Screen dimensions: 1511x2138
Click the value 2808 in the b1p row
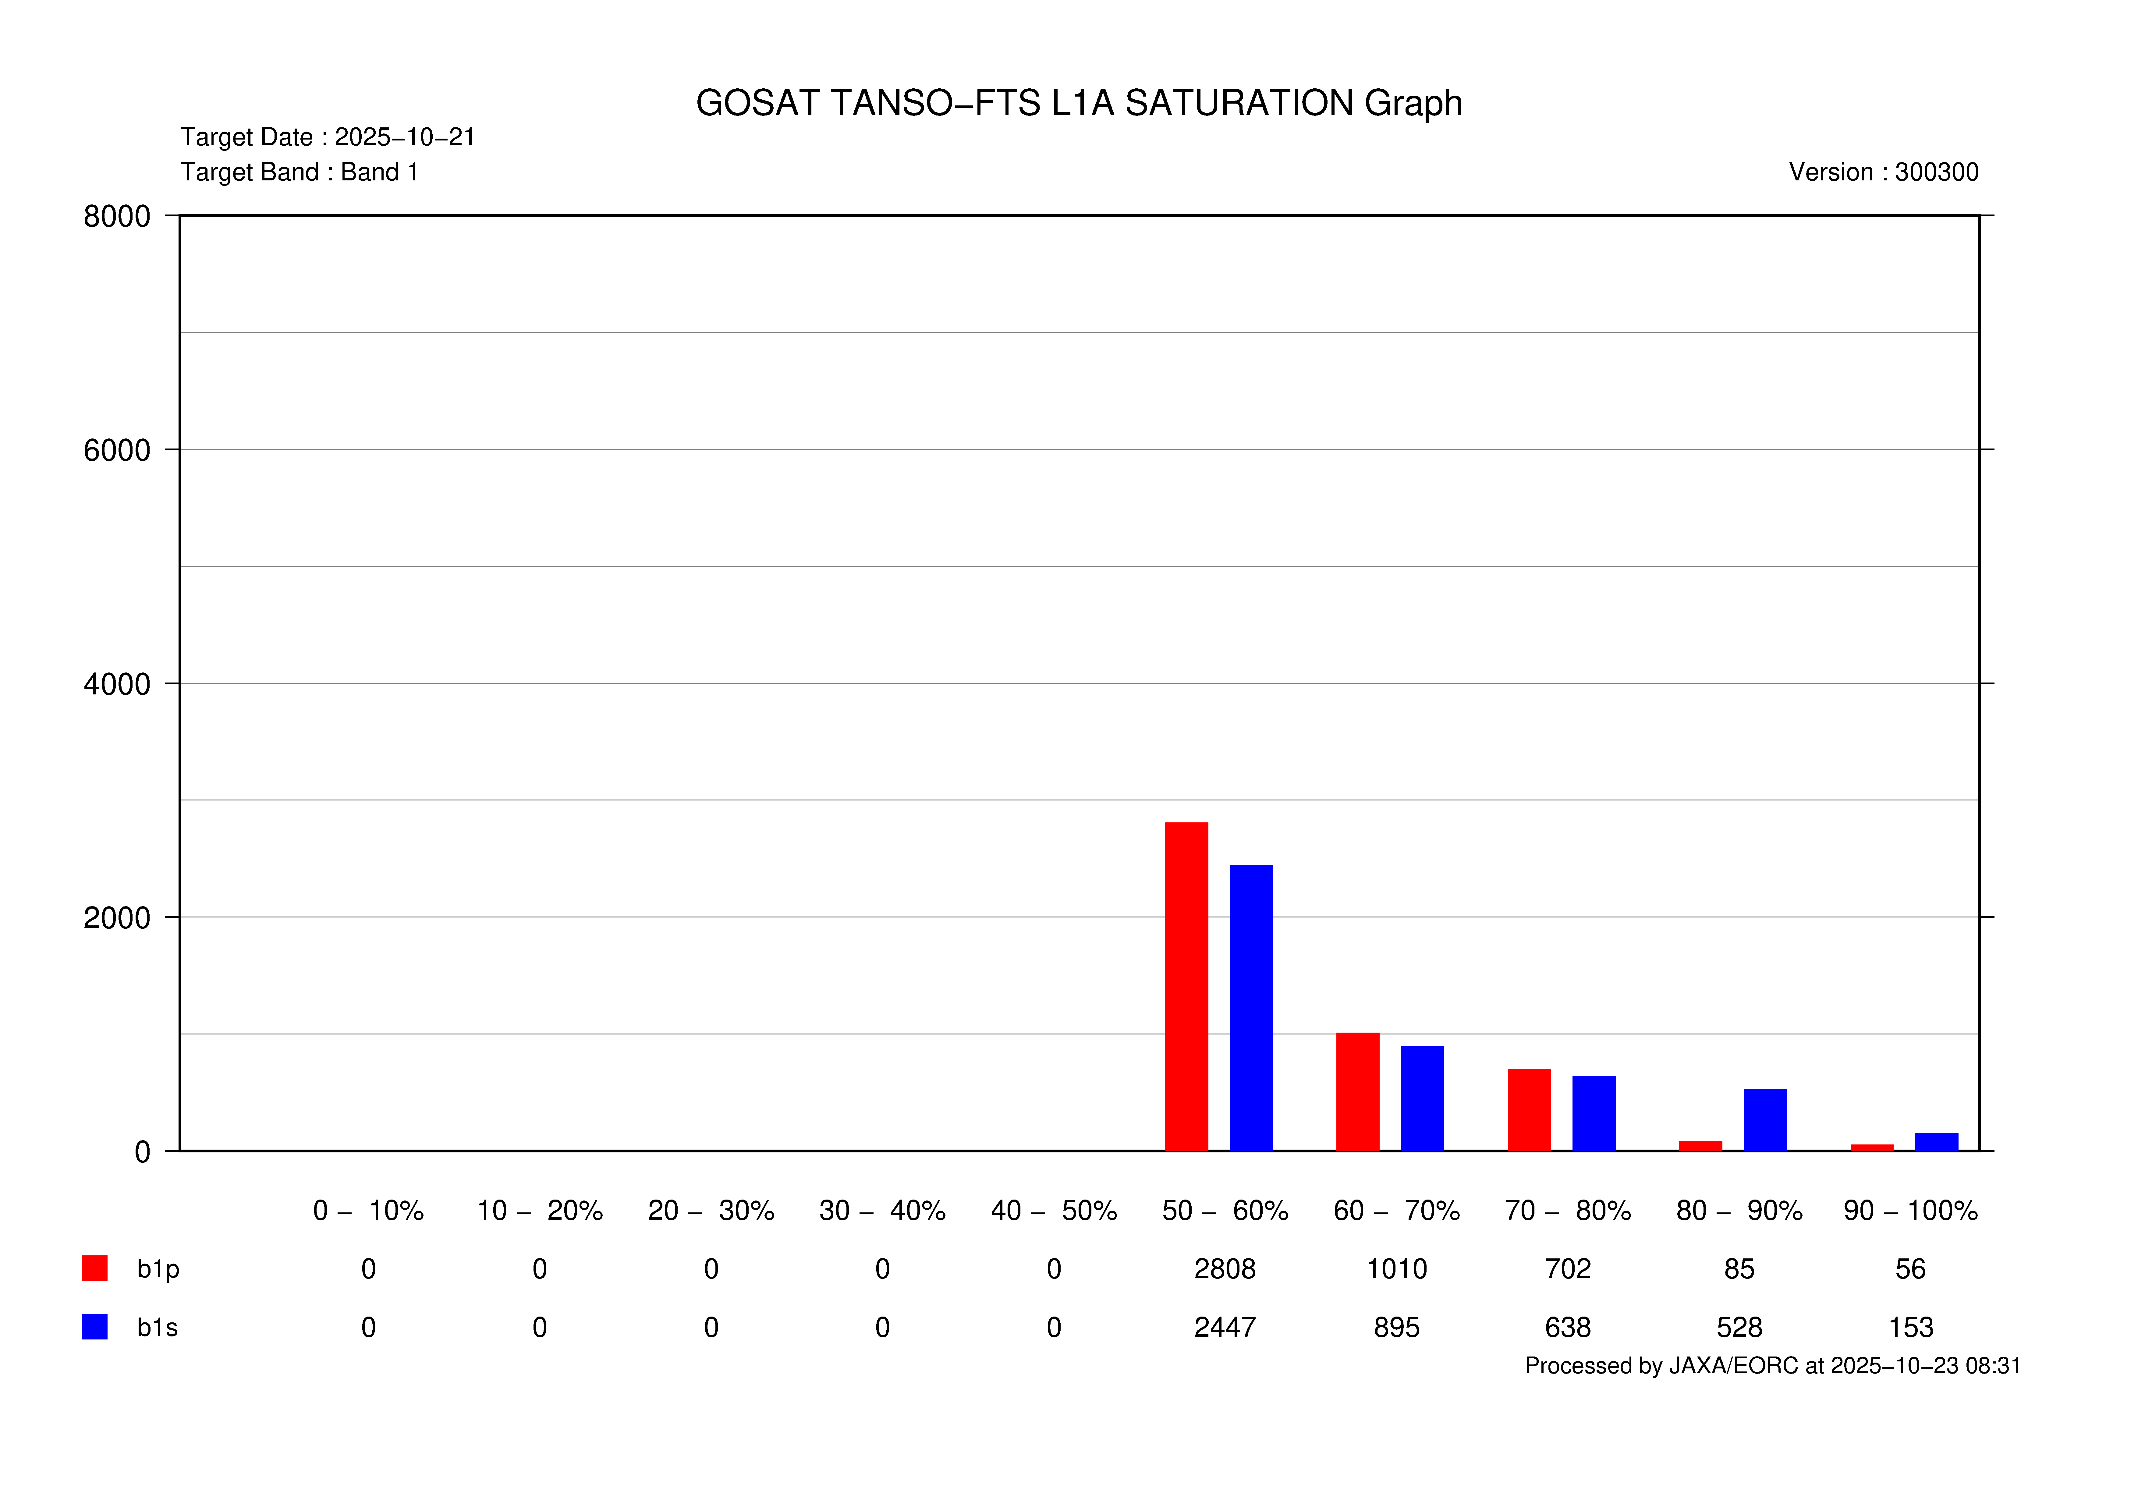click(1225, 1269)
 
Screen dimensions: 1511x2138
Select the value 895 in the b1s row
click(1396, 1328)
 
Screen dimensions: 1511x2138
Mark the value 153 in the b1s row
click(1910, 1328)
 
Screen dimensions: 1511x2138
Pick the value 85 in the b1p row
click(1739, 1269)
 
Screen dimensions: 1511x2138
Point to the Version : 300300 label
click(1883, 172)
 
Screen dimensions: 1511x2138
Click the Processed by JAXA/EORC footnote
click(1772, 1366)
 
